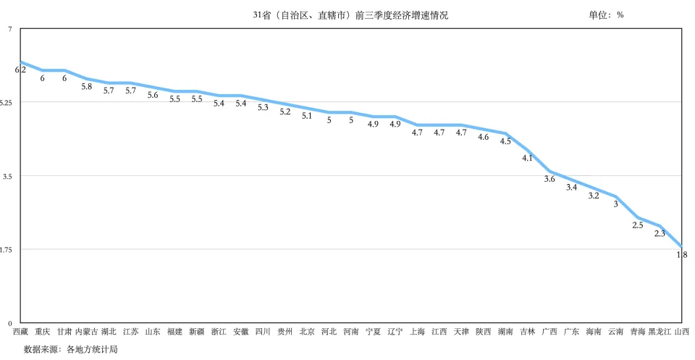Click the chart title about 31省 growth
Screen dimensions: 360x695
tap(355, 15)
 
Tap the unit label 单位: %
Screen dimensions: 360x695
tap(606, 15)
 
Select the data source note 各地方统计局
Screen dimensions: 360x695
tap(70, 349)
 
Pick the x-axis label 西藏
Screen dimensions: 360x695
tap(20, 332)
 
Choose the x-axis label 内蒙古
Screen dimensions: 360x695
tap(87, 332)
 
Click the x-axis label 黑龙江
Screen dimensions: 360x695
tap(660, 332)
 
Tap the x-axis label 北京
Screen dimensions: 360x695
tap(307, 332)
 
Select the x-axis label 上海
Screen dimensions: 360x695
tap(417, 332)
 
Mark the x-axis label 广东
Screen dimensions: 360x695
tap(571, 332)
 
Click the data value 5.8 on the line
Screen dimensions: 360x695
tap(87, 86)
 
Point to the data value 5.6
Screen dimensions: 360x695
tap(153, 95)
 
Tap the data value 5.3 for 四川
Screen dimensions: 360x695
tap(263, 107)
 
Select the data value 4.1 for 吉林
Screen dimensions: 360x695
tap(527, 158)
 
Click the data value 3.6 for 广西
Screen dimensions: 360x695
tap(549, 179)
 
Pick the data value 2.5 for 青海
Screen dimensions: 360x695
tap(638, 225)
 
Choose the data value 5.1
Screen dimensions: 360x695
tap(307, 116)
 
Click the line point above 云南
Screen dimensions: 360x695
tap(615, 196)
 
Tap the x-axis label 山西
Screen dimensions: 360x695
tap(681, 332)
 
